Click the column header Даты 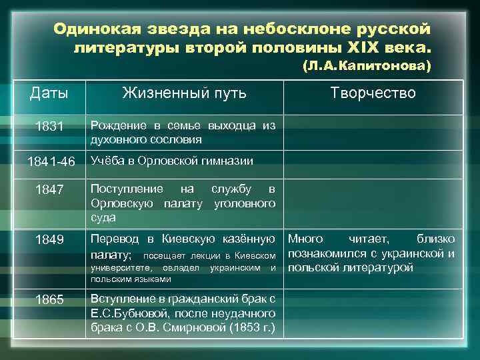[x=49, y=93]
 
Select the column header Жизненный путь [x=184, y=93]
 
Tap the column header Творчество [x=373, y=93]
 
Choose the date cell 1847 [x=49, y=190]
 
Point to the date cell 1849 [x=49, y=239]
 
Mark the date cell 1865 [x=49, y=299]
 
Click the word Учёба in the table [x=107, y=161]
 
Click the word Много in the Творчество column [x=305, y=239]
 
